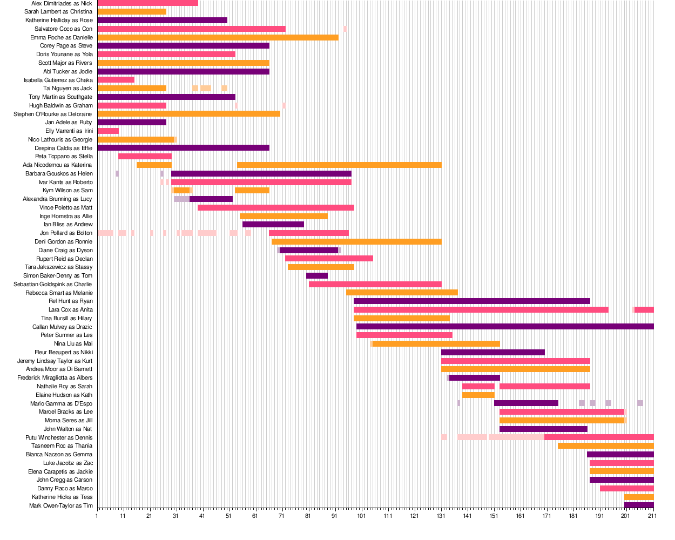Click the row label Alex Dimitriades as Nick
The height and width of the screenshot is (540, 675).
62,3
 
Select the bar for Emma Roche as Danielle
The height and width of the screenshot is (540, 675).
218,37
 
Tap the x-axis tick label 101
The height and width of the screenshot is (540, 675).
361,516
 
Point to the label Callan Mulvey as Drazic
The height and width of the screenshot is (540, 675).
62,327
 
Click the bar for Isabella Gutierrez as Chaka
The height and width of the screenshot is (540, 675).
116,80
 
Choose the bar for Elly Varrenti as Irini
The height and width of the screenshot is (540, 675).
108,131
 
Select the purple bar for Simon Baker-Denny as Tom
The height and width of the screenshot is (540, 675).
317,275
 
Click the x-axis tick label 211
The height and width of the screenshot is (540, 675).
652,516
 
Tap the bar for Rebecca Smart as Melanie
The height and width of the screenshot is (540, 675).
402,293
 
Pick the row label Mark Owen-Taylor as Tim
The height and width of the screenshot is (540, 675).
60,505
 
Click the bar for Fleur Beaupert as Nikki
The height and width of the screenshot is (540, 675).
492,352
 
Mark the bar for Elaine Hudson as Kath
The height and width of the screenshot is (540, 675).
478,395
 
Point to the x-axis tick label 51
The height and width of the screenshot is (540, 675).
229,516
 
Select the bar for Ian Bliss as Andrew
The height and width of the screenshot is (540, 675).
273,224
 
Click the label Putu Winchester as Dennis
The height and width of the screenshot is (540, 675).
59,437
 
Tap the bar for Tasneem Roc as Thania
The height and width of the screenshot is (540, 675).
605,446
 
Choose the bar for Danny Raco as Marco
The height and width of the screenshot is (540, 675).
626,488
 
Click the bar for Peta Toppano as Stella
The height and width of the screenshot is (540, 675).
145,156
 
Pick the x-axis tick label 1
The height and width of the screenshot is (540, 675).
97,516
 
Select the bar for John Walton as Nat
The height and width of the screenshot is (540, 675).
543,429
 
